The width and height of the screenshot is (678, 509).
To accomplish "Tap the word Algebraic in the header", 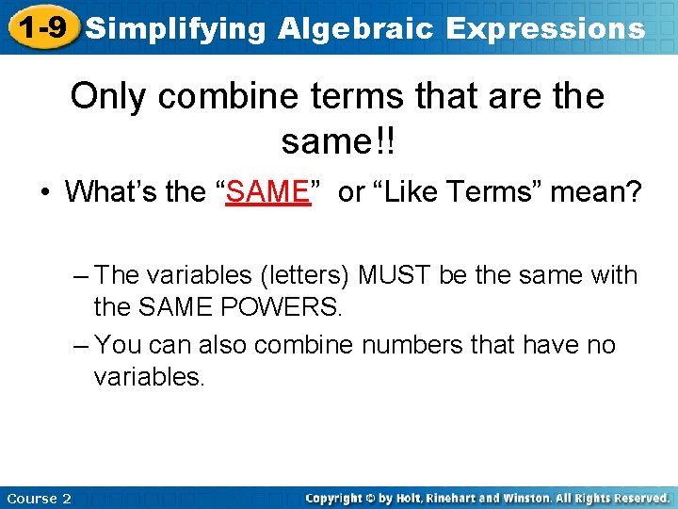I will click(x=357, y=28).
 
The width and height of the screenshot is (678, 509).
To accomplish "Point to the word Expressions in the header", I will click(x=545, y=28).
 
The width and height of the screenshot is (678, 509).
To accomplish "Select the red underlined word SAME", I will click(x=268, y=192).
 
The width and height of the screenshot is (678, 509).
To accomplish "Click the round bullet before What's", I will click(x=45, y=193).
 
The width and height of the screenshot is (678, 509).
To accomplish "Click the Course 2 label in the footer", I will click(x=39, y=499).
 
